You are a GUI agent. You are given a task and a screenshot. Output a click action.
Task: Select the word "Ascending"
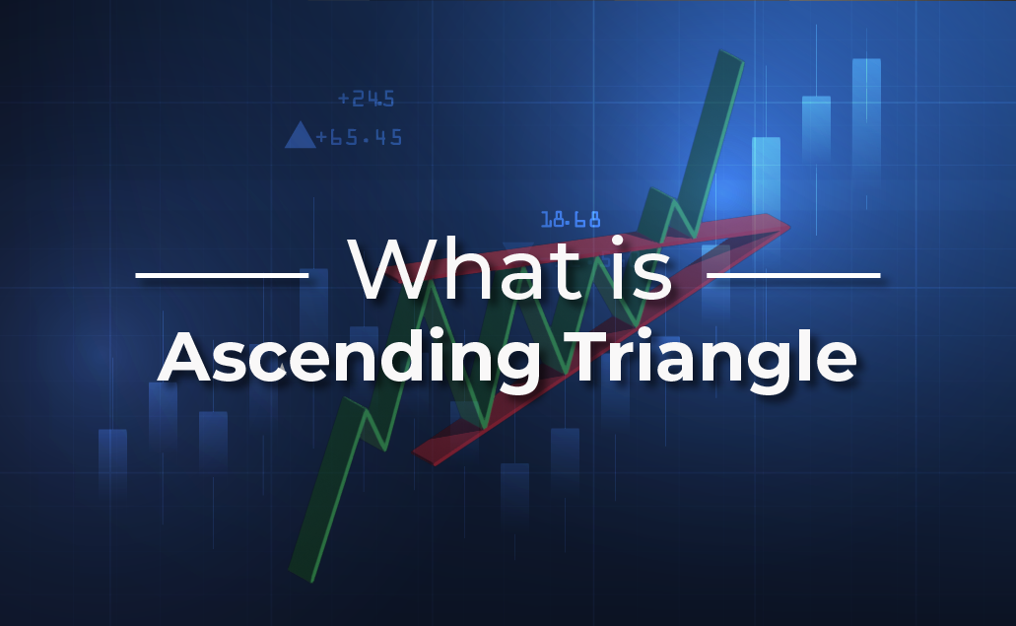tap(349, 358)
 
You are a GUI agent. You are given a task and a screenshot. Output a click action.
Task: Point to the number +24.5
tap(367, 99)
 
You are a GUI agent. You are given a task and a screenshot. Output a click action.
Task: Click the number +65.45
tap(359, 137)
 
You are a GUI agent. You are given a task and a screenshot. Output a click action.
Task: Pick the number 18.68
tap(571, 220)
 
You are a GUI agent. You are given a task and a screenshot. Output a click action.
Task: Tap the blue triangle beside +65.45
tap(300, 135)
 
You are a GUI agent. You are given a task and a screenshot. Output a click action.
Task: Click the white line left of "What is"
tap(222, 275)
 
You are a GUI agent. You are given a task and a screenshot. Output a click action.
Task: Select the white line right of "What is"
tap(793, 275)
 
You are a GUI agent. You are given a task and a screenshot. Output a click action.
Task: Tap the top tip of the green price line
tap(731, 54)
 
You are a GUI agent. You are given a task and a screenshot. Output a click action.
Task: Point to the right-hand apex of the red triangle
tap(789, 227)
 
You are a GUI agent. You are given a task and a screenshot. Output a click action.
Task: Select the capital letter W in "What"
tap(397, 269)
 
